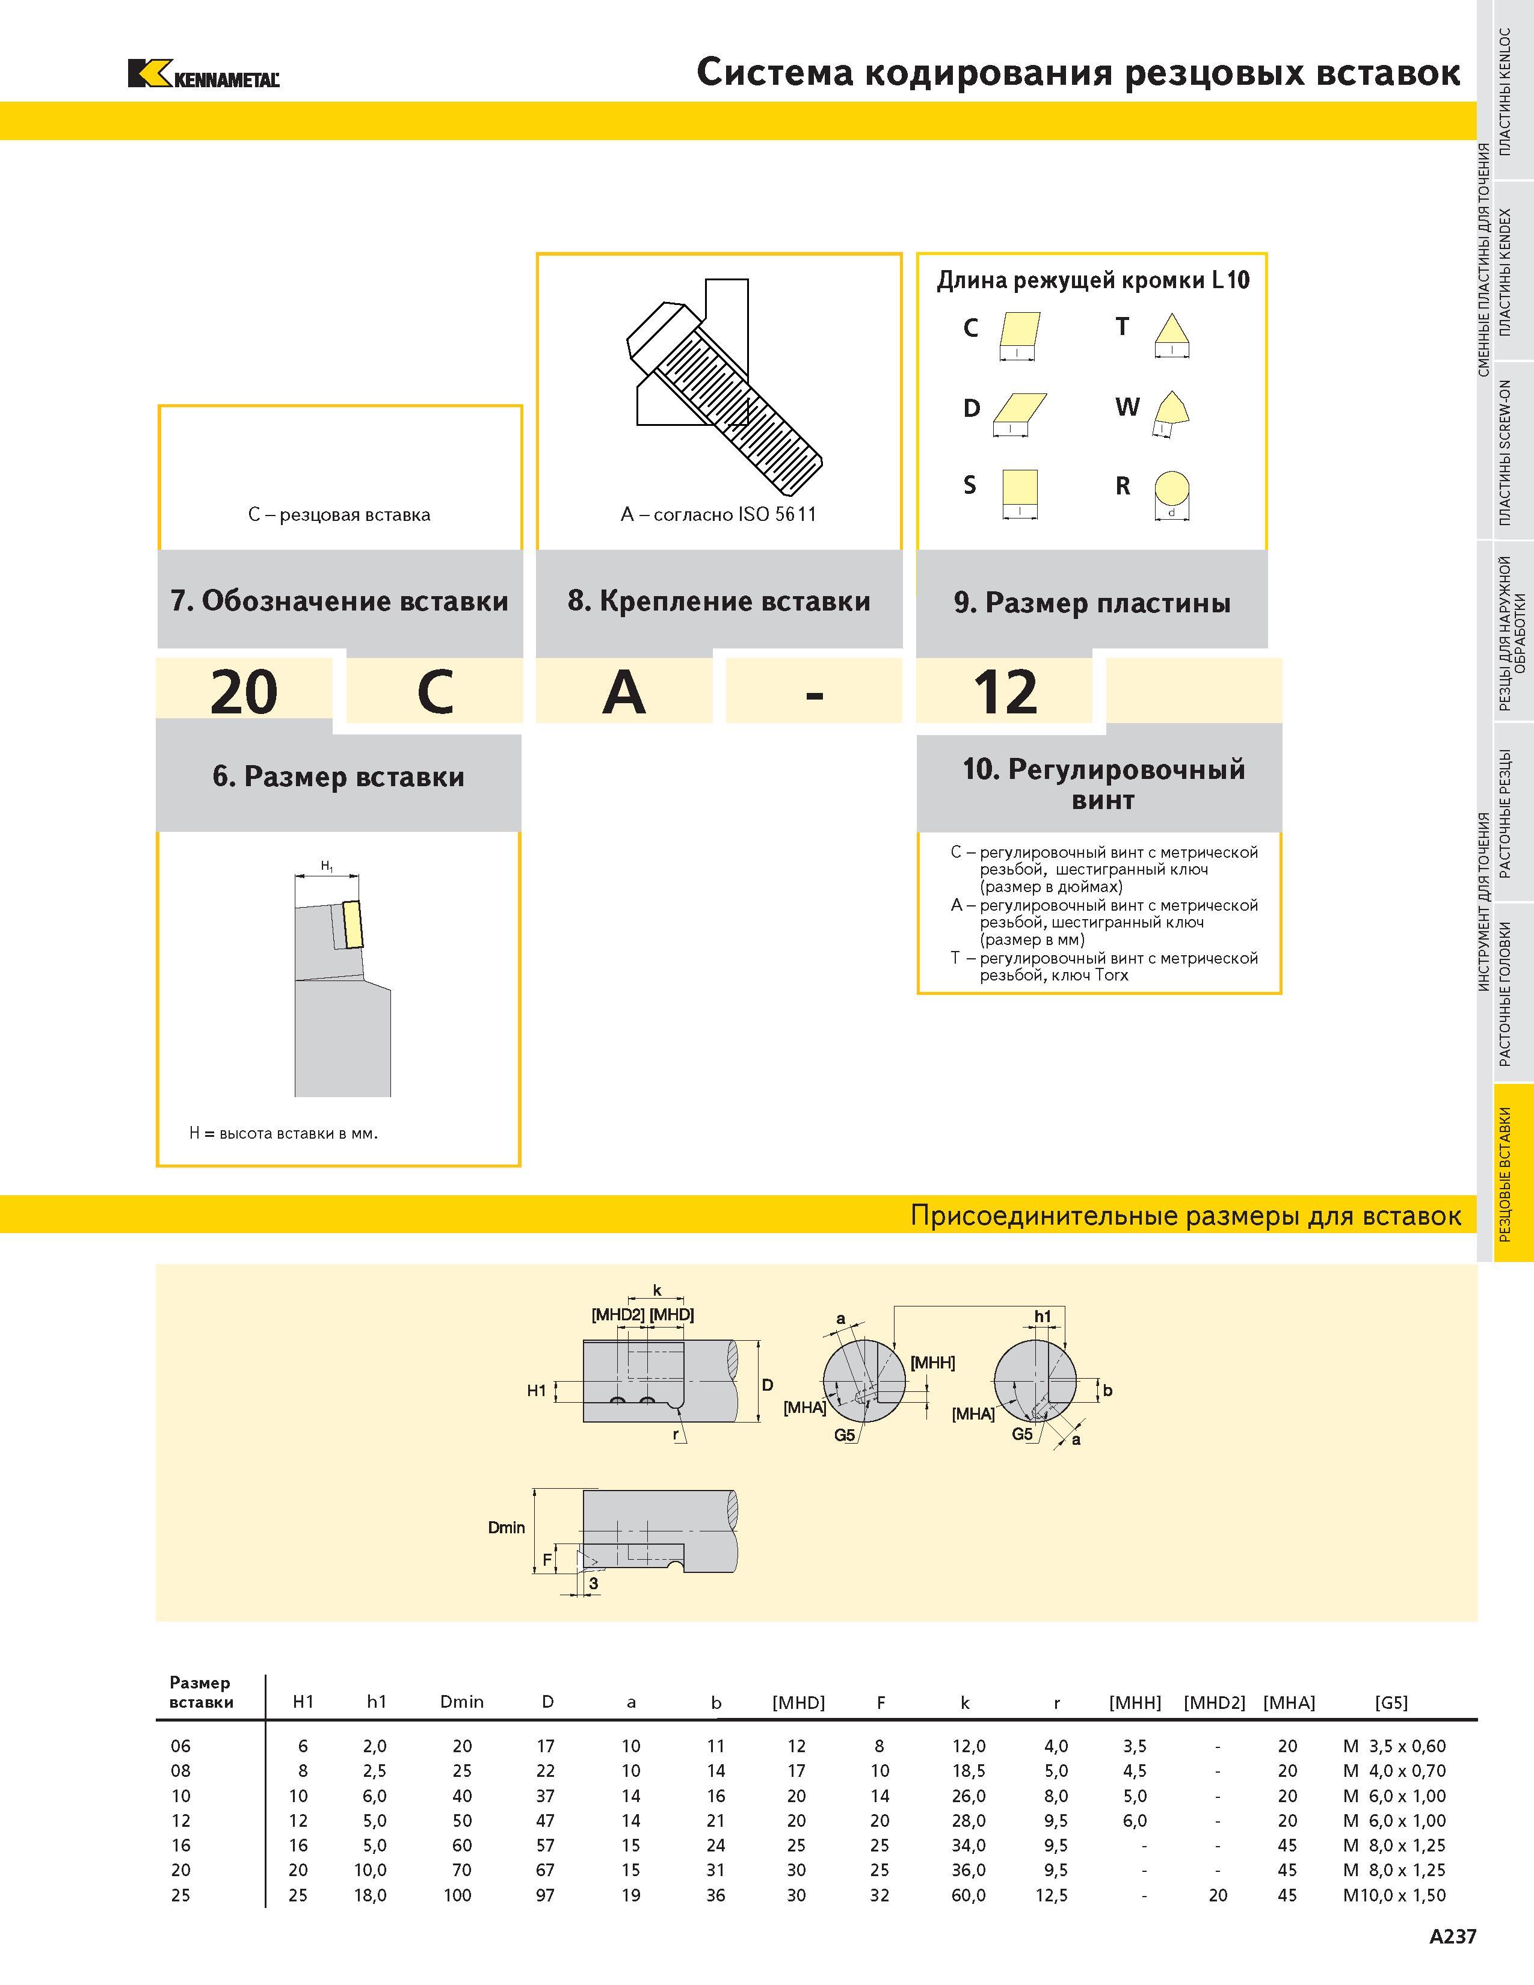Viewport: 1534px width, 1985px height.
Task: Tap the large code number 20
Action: click(244, 692)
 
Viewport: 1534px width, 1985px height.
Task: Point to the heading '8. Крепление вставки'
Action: click(719, 601)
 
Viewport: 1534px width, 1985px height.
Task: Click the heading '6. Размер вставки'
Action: click(338, 777)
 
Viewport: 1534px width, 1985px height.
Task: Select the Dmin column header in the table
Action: click(461, 1702)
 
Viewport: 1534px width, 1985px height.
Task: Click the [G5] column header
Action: click(1391, 1702)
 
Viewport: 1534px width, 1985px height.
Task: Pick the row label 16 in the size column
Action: click(181, 1845)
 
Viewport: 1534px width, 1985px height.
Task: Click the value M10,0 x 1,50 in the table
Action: click(1394, 1895)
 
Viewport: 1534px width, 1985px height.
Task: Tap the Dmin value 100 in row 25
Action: click(457, 1895)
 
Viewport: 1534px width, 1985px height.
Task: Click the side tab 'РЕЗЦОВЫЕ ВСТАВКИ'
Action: click(1505, 1174)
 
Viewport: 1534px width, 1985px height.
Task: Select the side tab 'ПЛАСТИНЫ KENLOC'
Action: click(1505, 91)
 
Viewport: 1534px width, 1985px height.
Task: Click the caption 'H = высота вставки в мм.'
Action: click(283, 1133)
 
